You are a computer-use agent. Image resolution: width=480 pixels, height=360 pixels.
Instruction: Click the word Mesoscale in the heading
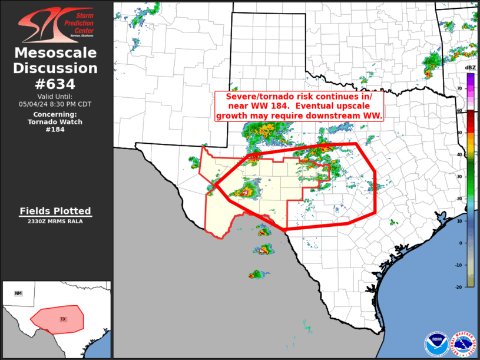pyautogui.click(x=55, y=54)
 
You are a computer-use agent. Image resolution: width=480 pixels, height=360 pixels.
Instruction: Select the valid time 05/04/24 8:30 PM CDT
pyautogui.click(x=55, y=104)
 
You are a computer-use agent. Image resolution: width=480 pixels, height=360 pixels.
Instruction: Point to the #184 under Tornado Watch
pyautogui.click(x=55, y=130)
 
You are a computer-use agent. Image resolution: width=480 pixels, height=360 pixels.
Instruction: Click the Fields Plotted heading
pyautogui.click(x=55, y=211)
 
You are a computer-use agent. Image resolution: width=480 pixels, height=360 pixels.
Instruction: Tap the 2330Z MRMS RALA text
pyautogui.click(x=55, y=222)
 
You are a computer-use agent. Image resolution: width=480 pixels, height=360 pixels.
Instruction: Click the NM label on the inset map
pyautogui.click(x=18, y=293)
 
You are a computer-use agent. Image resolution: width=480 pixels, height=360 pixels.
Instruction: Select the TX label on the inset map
pyautogui.click(x=63, y=319)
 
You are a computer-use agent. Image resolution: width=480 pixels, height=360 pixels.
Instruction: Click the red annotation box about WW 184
pyautogui.click(x=300, y=106)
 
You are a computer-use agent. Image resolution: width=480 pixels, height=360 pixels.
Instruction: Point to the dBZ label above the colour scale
pyautogui.click(x=471, y=68)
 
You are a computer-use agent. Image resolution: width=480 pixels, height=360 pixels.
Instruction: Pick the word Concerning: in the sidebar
pyautogui.click(x=55, y=114)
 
